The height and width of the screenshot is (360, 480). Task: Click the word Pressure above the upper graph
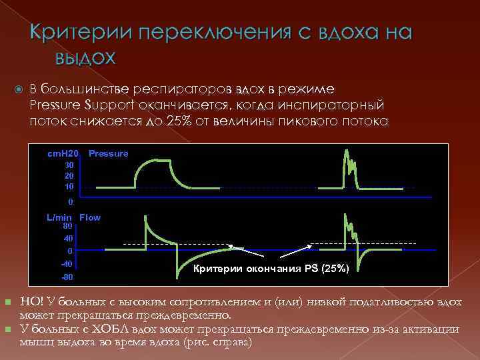tap(108, 153)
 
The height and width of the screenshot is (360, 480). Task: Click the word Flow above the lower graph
tap(90, 217)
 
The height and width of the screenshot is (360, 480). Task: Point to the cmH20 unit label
tap(63, 153)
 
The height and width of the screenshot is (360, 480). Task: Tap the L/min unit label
tap(59, 217)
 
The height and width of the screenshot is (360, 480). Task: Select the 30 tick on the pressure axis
tap(69, 165)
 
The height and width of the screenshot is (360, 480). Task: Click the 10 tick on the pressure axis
tap(69, 187)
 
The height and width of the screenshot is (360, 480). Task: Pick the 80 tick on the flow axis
tap(68, 226)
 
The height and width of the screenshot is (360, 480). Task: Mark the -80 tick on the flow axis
tap(67, 277)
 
